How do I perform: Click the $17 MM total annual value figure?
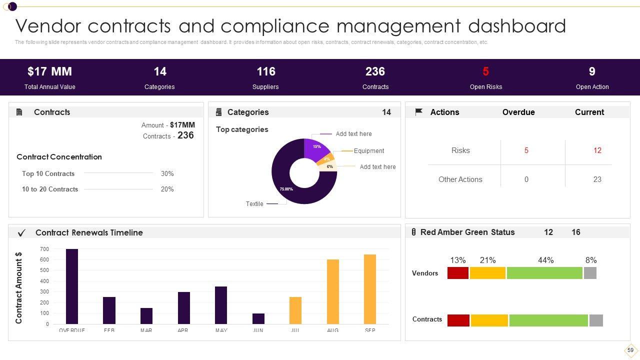(49, 71)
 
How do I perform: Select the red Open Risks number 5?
(485, 71)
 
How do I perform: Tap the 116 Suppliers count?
(265, 71)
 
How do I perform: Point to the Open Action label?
(592, 87)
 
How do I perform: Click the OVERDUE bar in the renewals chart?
(72, 286)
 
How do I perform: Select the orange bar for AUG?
(332, 291)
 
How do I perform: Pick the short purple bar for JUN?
(258, 318)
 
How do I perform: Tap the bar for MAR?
(146, 315)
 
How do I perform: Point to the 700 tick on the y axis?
(44, 249)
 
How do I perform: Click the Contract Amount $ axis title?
(19, 287)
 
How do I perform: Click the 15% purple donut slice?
(316, 148)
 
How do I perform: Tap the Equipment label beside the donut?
(369, 151)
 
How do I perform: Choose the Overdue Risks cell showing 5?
(526, 150)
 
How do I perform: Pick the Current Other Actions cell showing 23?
(597, 179)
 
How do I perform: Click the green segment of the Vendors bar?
(544, 273)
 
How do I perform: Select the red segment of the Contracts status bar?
(458, 320)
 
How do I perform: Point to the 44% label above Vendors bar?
(545, 260)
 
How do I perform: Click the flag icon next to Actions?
(419, 112)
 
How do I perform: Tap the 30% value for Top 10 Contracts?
(167, 174)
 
